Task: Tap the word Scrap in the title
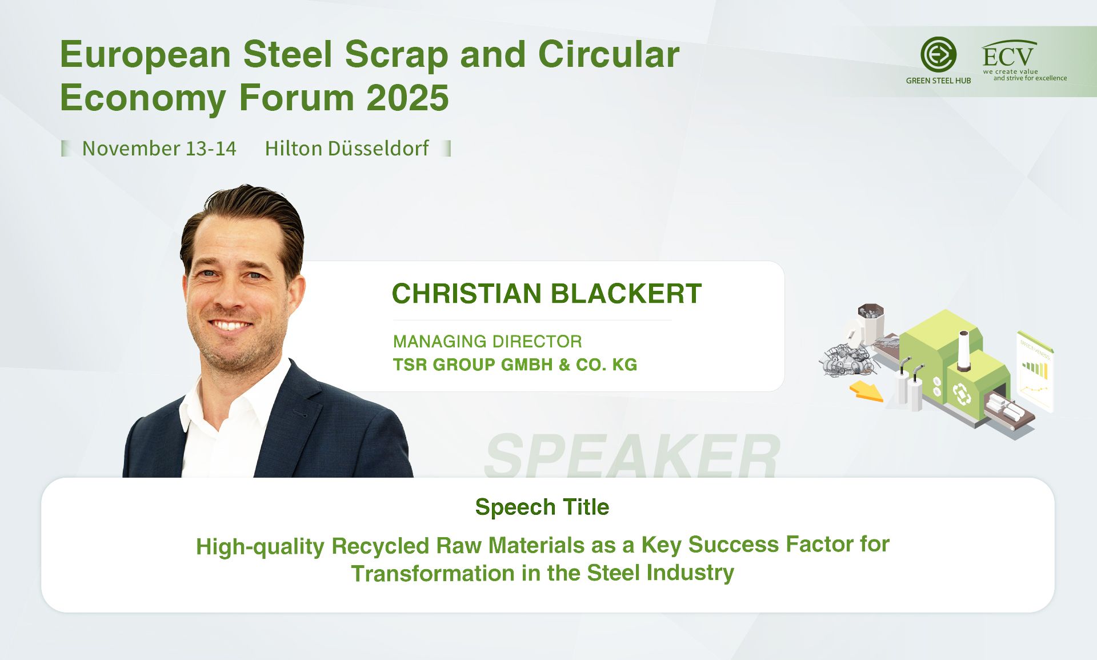(397, 55)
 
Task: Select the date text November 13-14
(159, 149)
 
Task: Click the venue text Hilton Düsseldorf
(346, 149)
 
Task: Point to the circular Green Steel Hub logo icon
(938, 55)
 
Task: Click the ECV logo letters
(1008, 56)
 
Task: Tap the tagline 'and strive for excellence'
(1030, 78)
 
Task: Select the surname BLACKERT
(626, 294)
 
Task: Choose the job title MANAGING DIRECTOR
(487, 342)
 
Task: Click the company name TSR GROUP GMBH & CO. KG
(515, 365)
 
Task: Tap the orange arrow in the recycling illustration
(866, 392)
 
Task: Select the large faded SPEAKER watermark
(632, 455)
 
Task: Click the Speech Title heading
(542, 507)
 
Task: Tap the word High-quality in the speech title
(260, 547)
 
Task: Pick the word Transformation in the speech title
(433, 573)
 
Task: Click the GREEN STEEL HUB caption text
(938, 81)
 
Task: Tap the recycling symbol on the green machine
(962, 394)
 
